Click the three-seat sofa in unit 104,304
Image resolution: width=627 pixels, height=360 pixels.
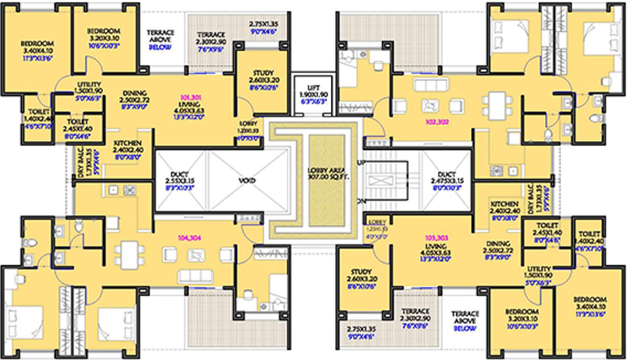tap(195, 275)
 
